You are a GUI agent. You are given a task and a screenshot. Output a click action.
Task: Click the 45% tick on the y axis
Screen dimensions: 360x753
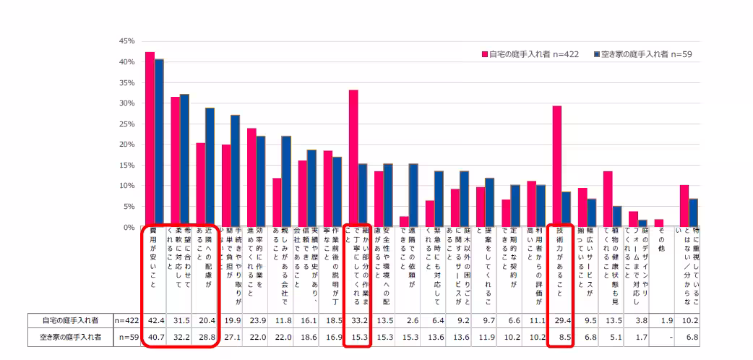coord(126,41)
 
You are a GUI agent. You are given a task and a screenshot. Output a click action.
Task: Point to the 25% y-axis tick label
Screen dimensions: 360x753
coord(126,124)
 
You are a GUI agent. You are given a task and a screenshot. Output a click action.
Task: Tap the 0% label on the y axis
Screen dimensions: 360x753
coord(129,227)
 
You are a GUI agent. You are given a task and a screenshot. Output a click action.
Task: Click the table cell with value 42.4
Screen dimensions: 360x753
coord(154,320)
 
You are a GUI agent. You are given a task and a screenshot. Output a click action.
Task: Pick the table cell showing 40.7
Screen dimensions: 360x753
coord(154,336)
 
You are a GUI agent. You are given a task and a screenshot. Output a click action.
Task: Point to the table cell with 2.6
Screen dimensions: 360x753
coord(409,320)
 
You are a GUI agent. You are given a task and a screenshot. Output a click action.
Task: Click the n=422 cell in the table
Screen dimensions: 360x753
coord(127,320)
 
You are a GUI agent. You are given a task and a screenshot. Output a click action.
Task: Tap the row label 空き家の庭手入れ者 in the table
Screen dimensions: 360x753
coord(71,336)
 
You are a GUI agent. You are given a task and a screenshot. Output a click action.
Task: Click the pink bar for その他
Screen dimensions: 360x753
coord(659,223)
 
